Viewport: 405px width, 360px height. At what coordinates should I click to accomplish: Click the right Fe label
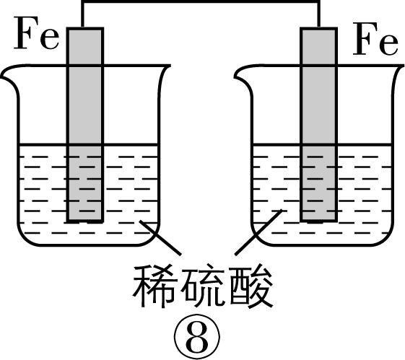pyautogui.click(x=375, y=43)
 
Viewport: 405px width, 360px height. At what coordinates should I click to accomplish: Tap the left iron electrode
pyautogui.click(x=86, y=123)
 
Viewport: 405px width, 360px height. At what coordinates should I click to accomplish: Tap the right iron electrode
pyautogui.click(x=319, y=123)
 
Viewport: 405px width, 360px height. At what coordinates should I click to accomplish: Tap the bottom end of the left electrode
pyautogui.click(x=86, y=219)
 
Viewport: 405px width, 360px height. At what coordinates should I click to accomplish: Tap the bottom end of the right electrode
pyautogui.click(x=319, y=219)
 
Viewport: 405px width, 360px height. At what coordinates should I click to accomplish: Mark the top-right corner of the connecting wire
pyautogui.click(x=319, y=4)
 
